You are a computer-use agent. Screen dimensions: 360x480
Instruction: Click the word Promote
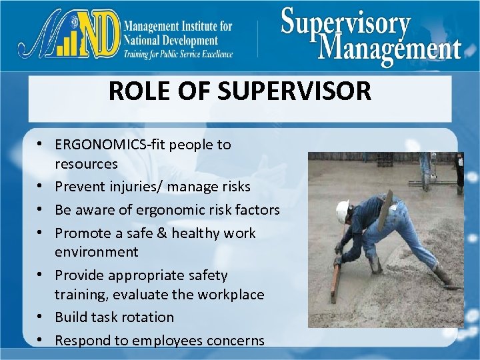[80, 233]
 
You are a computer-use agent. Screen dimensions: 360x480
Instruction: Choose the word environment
[97, 252]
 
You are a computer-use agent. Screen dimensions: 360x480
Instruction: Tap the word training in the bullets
[77, 295]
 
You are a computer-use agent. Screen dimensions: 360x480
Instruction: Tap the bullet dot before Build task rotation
[41, 317]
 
